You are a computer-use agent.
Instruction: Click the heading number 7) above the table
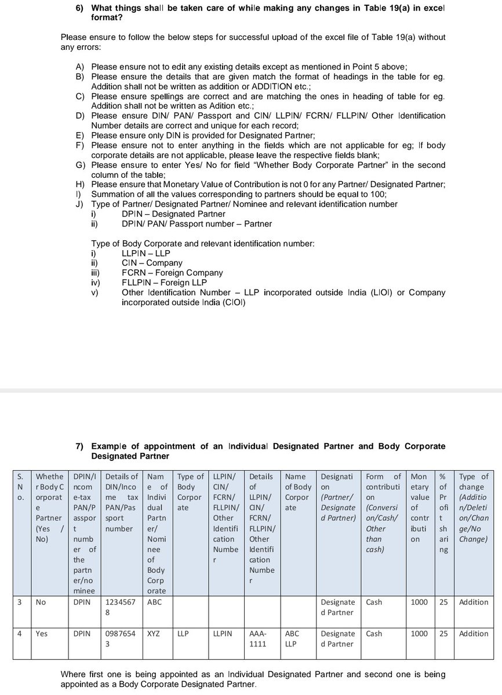click(81, 446)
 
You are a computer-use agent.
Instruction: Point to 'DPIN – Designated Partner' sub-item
click(165, 214)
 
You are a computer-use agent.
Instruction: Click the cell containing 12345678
click(119, 607)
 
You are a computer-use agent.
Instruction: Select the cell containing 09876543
click(119, 638)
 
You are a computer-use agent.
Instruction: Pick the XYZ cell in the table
click(154, 634)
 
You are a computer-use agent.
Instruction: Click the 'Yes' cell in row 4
click(42, 634)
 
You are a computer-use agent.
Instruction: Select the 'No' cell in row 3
click(41, 602)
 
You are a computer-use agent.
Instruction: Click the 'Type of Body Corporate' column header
click(190, 487)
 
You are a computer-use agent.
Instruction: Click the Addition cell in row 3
click(474, 602)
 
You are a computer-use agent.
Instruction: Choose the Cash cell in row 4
click(374, 634)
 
